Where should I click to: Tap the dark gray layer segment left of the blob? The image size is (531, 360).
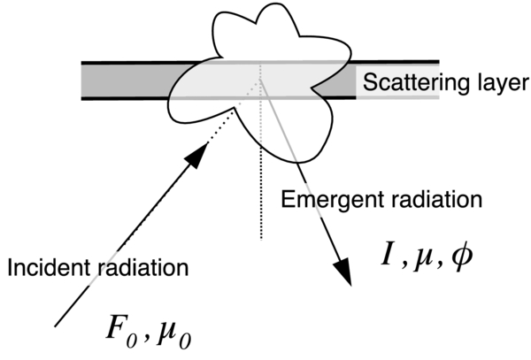click(x=124, y=80)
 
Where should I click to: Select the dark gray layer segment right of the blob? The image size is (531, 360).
click(x=341, y=80)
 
